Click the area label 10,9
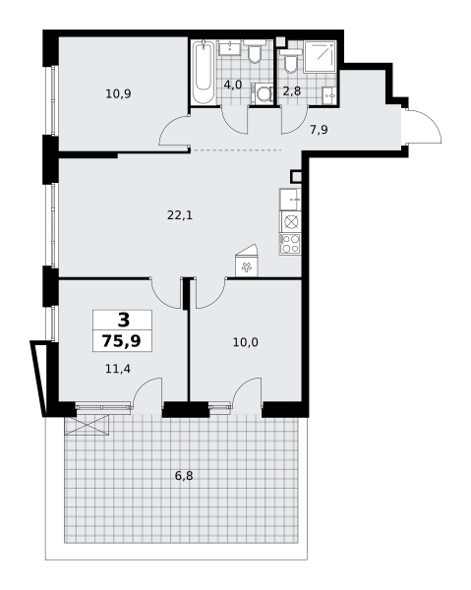click(x=118, y=94)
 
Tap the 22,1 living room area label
click(x=178, y=215)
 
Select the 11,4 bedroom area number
click(x=118, y=369)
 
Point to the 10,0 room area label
click(x=245, y=342)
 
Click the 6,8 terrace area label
click(x=184, y=476)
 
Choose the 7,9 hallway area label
click(x=319, y=128)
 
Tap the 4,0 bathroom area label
click(x=232, y=85)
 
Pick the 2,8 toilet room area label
click(x=292, y=91)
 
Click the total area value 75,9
click(x=121, y=341)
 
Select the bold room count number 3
click(x=123, y=320)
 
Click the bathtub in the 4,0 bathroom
click(x=204, y=73)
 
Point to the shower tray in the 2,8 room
click(x=321, y=58)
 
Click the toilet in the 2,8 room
click(x=289, y=63)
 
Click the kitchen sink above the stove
click(x=290, y=200)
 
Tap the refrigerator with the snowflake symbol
click(x=246, y=265)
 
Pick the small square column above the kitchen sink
click(x=296, y=177)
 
